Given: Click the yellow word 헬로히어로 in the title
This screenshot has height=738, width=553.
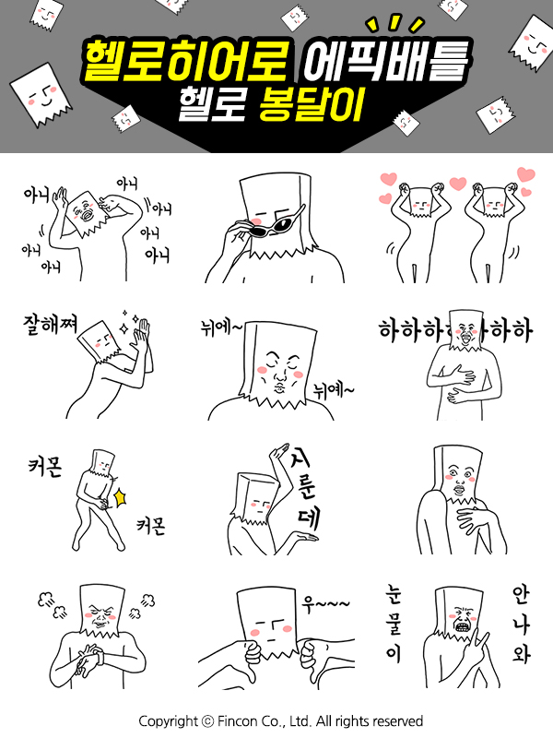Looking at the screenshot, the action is pos(186,61).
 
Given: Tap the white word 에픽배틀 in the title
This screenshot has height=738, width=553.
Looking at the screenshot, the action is pos(386,60).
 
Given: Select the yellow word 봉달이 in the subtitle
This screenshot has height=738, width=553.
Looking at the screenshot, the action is pos(312,104).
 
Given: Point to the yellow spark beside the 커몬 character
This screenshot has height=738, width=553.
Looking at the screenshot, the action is pos(121,497).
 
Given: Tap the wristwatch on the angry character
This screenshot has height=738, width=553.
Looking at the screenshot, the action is pos(99,656).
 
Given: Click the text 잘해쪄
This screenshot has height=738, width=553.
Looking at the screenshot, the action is pos(51,325).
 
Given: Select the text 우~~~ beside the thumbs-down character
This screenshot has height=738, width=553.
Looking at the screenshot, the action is pos(325,604).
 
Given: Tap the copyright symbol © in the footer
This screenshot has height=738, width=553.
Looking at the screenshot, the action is pos(207,721).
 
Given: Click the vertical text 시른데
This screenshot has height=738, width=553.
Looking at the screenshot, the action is pos(306,488).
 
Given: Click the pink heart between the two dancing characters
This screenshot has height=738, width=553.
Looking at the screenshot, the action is pos(457,183).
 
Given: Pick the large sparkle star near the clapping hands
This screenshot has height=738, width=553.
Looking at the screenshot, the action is pos(126,328).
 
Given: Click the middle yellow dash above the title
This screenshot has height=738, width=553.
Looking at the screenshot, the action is pos(395,21).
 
